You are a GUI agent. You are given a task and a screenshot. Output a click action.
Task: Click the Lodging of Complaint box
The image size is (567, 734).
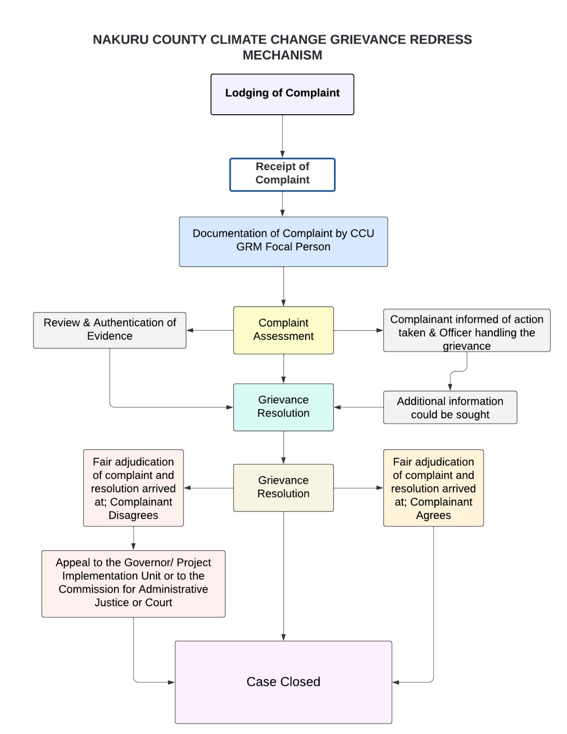(282, 94)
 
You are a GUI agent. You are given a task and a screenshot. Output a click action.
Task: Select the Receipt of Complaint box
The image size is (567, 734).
(282, 174)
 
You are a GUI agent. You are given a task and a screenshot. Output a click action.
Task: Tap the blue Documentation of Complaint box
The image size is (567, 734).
(283, 241)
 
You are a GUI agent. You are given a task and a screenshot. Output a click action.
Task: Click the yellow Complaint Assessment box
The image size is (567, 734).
(283, 330)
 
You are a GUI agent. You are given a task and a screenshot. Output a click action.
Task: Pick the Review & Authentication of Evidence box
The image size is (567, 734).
(110, 330)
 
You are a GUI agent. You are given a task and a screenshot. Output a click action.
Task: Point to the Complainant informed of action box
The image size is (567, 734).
(467, 330)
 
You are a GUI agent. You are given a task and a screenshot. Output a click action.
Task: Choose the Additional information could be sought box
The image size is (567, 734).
(450, 407)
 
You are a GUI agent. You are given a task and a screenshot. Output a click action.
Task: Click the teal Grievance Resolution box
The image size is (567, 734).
(283, 407)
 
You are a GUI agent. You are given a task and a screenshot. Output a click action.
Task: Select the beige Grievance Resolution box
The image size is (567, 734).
(283, 487)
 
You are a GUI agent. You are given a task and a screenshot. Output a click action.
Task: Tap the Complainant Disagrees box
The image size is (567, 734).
(133, 488)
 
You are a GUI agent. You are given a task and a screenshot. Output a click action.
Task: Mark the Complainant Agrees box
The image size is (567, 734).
(433, 488)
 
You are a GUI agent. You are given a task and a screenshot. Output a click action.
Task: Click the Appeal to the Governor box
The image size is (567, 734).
(133, 583)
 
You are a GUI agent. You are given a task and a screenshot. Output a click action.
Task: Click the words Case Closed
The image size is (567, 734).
(283, 682)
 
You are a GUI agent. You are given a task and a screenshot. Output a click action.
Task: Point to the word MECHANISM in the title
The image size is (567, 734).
(282, 55)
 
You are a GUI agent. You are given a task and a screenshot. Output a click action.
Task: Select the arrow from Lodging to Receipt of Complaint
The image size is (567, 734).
(282, 136)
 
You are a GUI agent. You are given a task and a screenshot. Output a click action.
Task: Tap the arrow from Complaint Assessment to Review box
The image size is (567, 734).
(210, 330)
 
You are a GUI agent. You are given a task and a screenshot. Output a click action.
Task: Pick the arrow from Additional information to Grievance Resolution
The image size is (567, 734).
(358, 407)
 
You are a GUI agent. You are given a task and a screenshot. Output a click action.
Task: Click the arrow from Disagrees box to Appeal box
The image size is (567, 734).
(133, 538)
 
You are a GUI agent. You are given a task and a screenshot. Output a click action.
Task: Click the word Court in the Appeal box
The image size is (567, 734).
(159, 602)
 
